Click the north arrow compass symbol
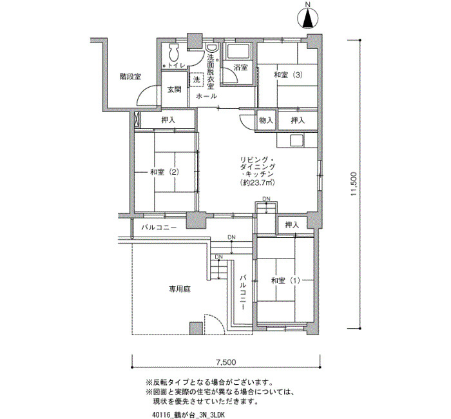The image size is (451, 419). click(x=308, y=18)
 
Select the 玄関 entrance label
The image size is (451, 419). click(x=175, y=90)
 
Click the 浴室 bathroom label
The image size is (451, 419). click(x=240, y=68)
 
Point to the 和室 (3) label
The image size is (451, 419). click(x=288, y=75)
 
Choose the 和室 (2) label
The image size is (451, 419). click(x=165, y=172)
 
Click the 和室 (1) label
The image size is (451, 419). click(x=285, y=280)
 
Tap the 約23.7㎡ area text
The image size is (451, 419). click(x=256, y=182)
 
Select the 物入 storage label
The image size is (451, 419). click(x=265, y=120)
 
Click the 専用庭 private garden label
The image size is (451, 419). click(x=180, y=289)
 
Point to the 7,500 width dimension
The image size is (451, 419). click(x=226, y=362)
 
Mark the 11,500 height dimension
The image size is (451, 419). click(x=354, y=184)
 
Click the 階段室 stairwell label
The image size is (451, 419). click(x=130, y=77)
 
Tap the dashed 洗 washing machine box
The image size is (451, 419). click(x=197, y=79)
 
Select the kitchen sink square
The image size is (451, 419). click(x=296, y=141)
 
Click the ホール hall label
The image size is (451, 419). click(x=206, y=96)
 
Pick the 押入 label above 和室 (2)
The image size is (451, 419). click(x=168, y=120)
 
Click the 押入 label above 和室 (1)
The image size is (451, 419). click(x=292, y=225)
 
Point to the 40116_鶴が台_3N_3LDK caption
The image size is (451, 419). click(x=188, y=415)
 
